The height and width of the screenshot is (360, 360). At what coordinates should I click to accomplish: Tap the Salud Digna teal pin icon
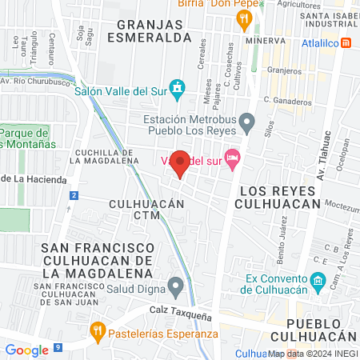(x=176, y=285)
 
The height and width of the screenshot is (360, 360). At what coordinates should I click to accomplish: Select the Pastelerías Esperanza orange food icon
(x=97, y=328)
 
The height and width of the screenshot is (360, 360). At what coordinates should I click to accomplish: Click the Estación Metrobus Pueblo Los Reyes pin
(x=247, y=122)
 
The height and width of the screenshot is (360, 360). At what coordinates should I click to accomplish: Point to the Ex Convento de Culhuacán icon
(x=317, y=281)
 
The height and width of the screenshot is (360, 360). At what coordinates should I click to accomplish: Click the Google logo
(x=26, y=350)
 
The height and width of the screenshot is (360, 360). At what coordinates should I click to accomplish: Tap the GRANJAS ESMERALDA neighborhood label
(x=154, y=30)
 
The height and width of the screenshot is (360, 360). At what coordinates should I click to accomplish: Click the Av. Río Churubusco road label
(x=38, y=80)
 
